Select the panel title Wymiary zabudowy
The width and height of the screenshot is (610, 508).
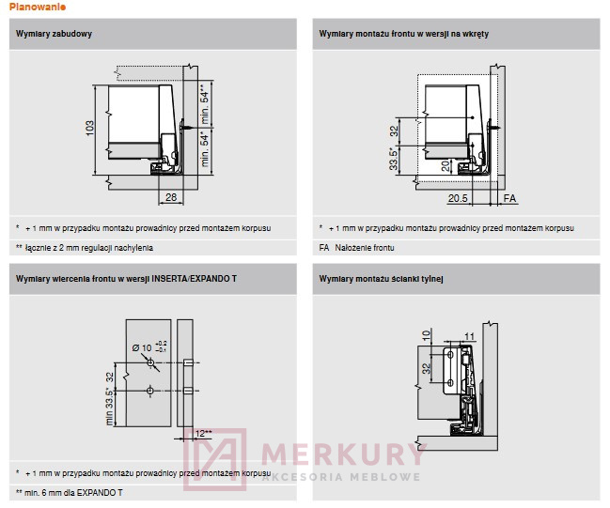[x=54, y=34]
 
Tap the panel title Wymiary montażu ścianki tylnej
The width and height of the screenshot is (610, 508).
[x=381, y=279]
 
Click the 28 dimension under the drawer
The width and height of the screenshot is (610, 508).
[x=170, y=198]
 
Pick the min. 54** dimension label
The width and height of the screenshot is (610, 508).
[x=204, y=102]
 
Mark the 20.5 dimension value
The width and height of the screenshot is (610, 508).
[x=458, y=199]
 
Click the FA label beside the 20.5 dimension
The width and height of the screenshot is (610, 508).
[x=508, y=199]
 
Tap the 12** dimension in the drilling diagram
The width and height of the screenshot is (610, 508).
[x=203, y=433]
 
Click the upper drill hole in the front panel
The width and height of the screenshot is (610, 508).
[x=150, y=362]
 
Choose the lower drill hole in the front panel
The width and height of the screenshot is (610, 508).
[x=150, y=389]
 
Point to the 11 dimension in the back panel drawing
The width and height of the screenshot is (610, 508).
[x=470, y=336]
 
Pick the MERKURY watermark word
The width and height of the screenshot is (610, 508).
[x=341, y=454]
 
